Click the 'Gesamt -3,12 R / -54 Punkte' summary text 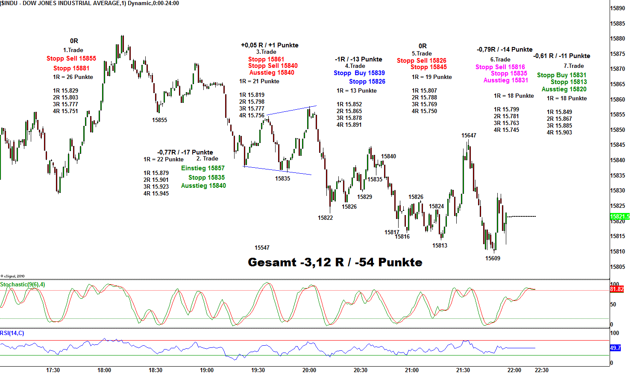tap(335, 262)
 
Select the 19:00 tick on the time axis tap(207, 370)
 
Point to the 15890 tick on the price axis tap(618, 8)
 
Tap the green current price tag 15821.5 tap(619, 216)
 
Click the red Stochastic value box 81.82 tap(616, 289)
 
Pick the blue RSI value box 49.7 tap(615, 348)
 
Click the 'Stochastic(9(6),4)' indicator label tap(23, 284)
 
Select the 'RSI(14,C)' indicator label tap(12, 333)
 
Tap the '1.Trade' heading tap(73, 50)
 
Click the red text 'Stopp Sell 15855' tap(71, 58)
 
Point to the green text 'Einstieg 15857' tap(203, 168)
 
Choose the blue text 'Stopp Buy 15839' tap(359, 73)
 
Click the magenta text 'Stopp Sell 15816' tap(500, 67)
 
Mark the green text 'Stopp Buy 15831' tap(561, 75)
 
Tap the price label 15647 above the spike tap(469, 135)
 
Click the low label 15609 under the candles tap(493, 258)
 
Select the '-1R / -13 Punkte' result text tap(358, 59)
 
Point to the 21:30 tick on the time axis tap(463, 370)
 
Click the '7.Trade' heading tap(573, 66)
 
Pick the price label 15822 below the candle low tap(325, 218)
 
